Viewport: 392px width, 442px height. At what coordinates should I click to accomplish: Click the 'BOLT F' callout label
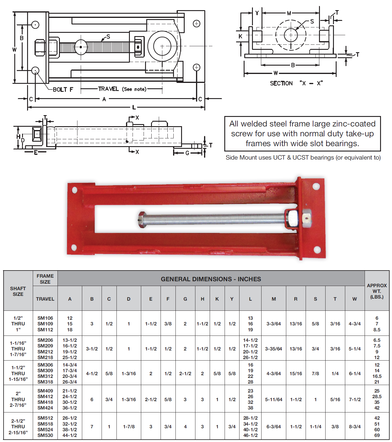click(x=63, y=89)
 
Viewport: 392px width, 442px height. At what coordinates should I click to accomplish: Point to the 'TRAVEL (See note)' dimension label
click(x=122, y=89)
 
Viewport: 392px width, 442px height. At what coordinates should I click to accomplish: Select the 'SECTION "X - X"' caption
click(x=296, y=83)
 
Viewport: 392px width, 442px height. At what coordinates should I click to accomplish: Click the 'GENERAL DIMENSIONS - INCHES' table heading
click(x=211, y=279)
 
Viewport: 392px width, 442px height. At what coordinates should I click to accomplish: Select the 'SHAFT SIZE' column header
click(x=18, y=291)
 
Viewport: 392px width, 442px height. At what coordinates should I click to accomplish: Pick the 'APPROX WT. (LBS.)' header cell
click(x=377, y=291)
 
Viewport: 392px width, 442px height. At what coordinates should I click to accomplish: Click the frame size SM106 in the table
click(x=45, y=318)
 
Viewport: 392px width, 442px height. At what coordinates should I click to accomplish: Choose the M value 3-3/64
click(x=273, y=324)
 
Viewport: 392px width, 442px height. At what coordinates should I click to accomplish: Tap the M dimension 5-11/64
click(x=273, y=399)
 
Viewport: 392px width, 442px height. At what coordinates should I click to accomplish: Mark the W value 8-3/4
click(x=354, y=426)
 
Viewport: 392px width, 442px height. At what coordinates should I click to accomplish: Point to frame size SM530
click(x=45, y=435)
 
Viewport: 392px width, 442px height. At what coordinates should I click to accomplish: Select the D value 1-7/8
click(x=129, y=426)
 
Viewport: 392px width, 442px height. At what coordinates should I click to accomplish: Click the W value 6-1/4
click(x=354, y=373)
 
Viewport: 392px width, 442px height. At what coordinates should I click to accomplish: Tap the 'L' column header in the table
click(x=250, y=299)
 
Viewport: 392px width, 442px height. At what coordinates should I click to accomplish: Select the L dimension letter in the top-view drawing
click(x=134, y=107)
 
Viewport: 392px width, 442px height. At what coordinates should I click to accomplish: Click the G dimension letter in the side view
click(x=187, y=153)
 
